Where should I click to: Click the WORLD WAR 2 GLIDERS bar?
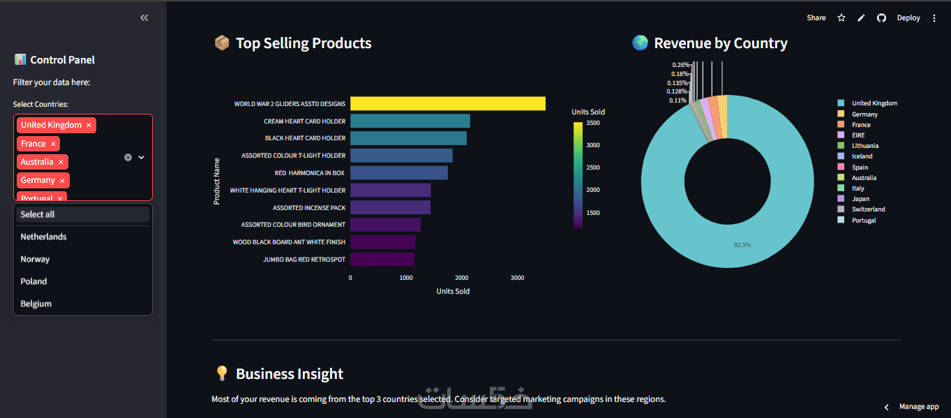(447, 103)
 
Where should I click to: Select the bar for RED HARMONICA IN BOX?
(398, 172)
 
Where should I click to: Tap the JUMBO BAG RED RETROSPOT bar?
(382, 259)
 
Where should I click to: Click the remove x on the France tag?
(54, 144)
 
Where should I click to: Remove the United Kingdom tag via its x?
(89, 126)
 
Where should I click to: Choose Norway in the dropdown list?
(35, 259)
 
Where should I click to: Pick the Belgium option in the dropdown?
(36, 304)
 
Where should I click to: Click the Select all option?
(38, 214)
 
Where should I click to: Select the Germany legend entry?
(864, 114)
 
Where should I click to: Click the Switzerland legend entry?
(868, 209)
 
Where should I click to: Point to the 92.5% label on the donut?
(742, 245)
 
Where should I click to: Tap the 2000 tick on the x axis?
(461, 278)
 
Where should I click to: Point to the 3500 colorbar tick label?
(592, 123)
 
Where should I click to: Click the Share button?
(816, 18)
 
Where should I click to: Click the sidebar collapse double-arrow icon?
(144, 18)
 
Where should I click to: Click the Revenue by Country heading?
(720, 43)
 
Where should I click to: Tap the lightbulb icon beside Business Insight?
(222, 374)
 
